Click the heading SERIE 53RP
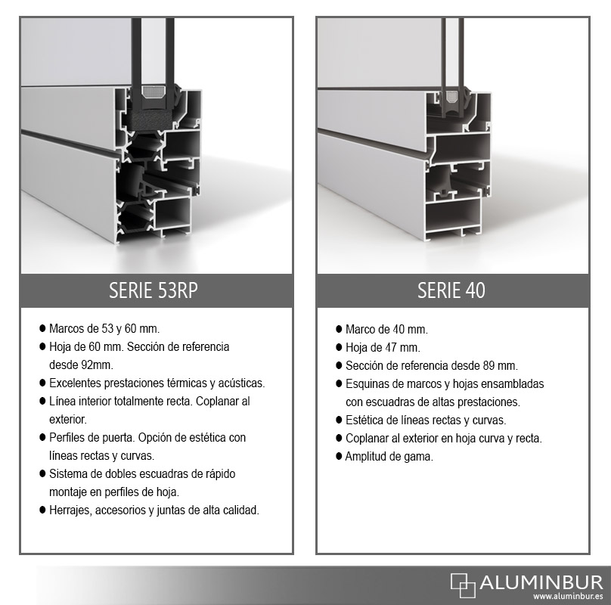(154, 290)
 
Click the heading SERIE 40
(451, 290)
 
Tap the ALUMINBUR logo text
(541, 583)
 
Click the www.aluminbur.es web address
(568, 597)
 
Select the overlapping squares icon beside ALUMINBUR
(463, 585)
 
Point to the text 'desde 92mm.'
(81, 365)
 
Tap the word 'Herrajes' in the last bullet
(70, 510)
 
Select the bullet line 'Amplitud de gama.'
(389, 456)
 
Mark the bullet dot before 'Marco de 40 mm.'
(339, 329)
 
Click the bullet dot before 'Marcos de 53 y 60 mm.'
(42, 328)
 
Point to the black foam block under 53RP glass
(152, 120)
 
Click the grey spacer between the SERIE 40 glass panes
(451, 97)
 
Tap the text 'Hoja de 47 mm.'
(383, 347)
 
